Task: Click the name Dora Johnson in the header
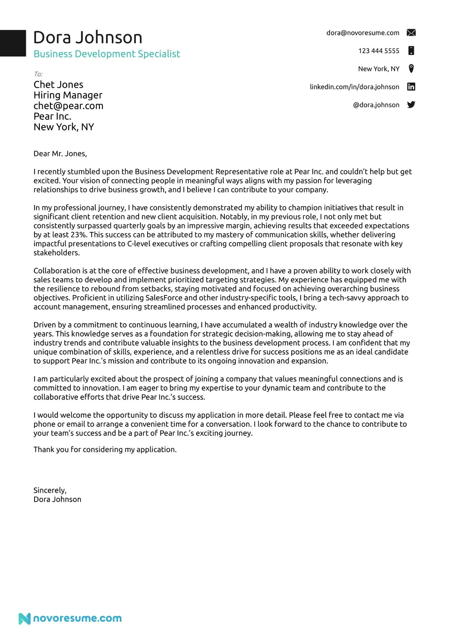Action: (x=88, y=37)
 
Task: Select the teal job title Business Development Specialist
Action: (x=107, y=54)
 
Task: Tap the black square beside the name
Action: (x=13, y=43)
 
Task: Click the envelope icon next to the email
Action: (x=411, y=33)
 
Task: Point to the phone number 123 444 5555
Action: (x=379, y=51)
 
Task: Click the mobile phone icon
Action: (x=411, y=51)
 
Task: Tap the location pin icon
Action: (x=411, y=69)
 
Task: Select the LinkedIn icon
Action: (x=411, y=87)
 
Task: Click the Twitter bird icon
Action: (x=411, y=105)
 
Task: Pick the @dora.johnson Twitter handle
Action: (x=376, y=105)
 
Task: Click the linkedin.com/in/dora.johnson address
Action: (x=354, y=87)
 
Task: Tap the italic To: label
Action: (x=38, y=74)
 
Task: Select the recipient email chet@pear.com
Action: (x=68, y=106)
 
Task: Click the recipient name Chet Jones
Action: (x=58, y=85)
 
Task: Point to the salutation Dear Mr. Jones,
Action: (x=60, y=154)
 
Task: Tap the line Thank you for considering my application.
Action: (x=105, y=450)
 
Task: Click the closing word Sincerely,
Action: (x=50, y=490)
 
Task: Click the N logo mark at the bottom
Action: (x=24, y=619)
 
